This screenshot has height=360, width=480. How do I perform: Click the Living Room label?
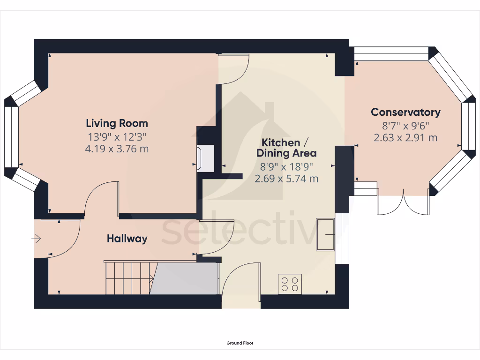(x=117, y=123)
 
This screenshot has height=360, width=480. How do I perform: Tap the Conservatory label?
(x=405, y=112)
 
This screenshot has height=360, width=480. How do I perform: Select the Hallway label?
(x=127, y=239)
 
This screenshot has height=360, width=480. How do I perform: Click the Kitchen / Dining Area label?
(x=286, y=147)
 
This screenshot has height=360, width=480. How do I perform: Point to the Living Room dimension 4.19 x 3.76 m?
(x=117, y=149)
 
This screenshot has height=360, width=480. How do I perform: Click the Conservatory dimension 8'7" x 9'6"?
(x=405, y=125)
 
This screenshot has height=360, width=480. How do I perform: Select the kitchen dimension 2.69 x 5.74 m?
(x=286, y=178)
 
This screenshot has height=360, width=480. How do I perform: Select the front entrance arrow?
(x=36, y=239)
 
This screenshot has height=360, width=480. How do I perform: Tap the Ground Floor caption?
(x=240, y=343)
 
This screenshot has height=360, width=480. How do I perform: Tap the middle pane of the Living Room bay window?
(x=10, y=136)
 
